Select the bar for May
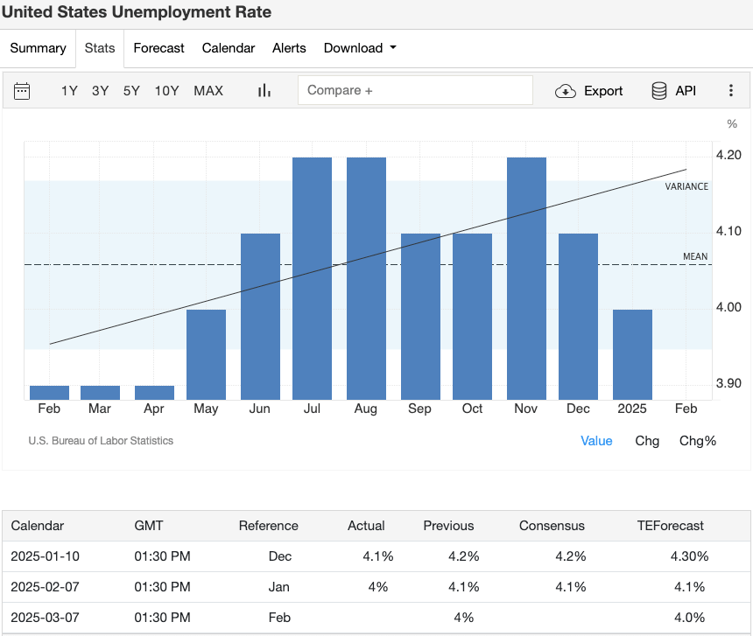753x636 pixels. pyautogui.click(x=206, y=354)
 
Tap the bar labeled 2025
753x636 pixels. pyautogui.click(x=632, y=354)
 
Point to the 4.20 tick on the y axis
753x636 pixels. pyautogui.click(x=728, y=155)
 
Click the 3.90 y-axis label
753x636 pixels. pyautogui.click(x=728, y=383)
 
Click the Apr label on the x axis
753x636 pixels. pyautogui.click(x=153, y=409)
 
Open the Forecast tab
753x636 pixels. pyautogui.click(x=158, y=48)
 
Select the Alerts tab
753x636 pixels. pyautogui.click(x=289, y=48)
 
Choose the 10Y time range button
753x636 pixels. pyautogui.click(x=166, y=90)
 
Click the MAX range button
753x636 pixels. pyautogui.click(x=208, y=90)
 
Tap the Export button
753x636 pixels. pyautogui.click(x=589, y=91)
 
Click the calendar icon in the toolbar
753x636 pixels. pyautogui.click(x=22, y=91)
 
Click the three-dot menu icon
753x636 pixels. pyautogui.click(x=731, y=91)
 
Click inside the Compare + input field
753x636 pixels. pyautogui.click(x=415, y=90)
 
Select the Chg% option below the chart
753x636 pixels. pyautogui.click(x=697, y=441)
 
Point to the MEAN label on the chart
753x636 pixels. pyautogui.click(x=695, y=256)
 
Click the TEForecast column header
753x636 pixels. pyautogui.click(x=671, y=526)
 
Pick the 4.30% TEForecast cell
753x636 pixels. pyautogui.click(x=689, y=556)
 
